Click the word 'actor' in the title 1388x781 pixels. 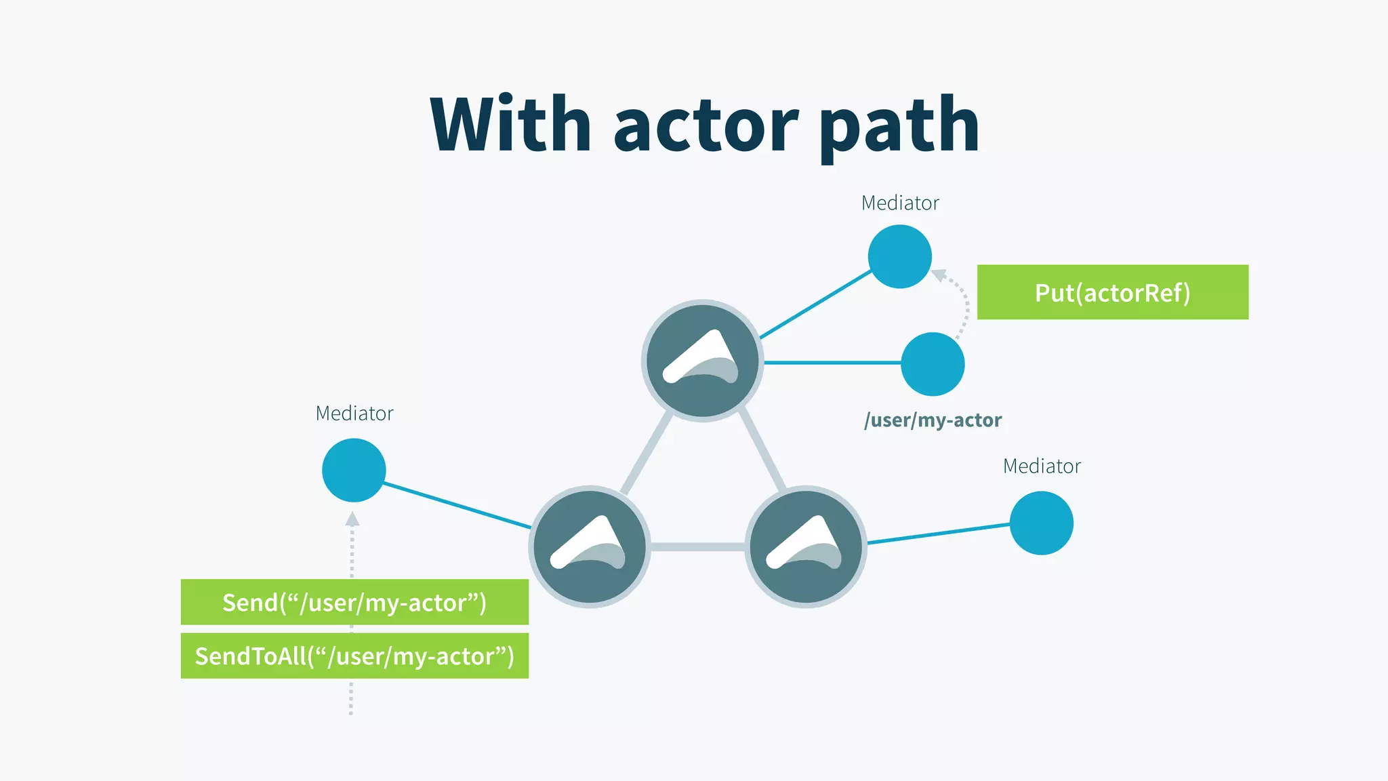tap(706, 126)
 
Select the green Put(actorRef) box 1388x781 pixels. tap(1112, 292)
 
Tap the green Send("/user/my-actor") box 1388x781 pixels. tap(354, 602)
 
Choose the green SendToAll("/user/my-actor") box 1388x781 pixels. tap(354, 656)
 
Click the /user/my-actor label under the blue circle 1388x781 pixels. tap(933, 420)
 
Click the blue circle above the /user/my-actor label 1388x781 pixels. tap(933, 364)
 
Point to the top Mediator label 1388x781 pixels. tap(900, 203)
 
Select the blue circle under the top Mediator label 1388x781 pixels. tap(900, 257)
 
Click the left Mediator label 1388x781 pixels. tap(354, 413)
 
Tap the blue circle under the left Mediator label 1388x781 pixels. tap(354, 470)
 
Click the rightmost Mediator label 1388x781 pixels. tap(1042, 466)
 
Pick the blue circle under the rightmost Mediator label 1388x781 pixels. tap(1041, 523)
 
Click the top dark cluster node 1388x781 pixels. tap(702, 361)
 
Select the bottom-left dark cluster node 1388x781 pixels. tap(590, 546)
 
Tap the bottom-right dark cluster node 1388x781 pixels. tap(806, 546)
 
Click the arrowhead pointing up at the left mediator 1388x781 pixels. tap(352, 519)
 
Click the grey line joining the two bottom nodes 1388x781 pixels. tap(697, 546)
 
